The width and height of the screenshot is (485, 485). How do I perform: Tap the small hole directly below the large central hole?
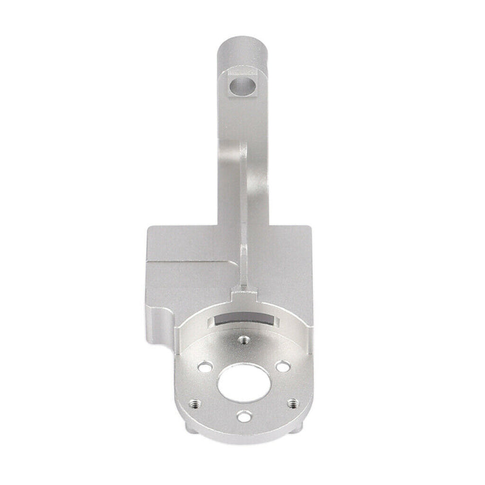(x=244, y=415)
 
